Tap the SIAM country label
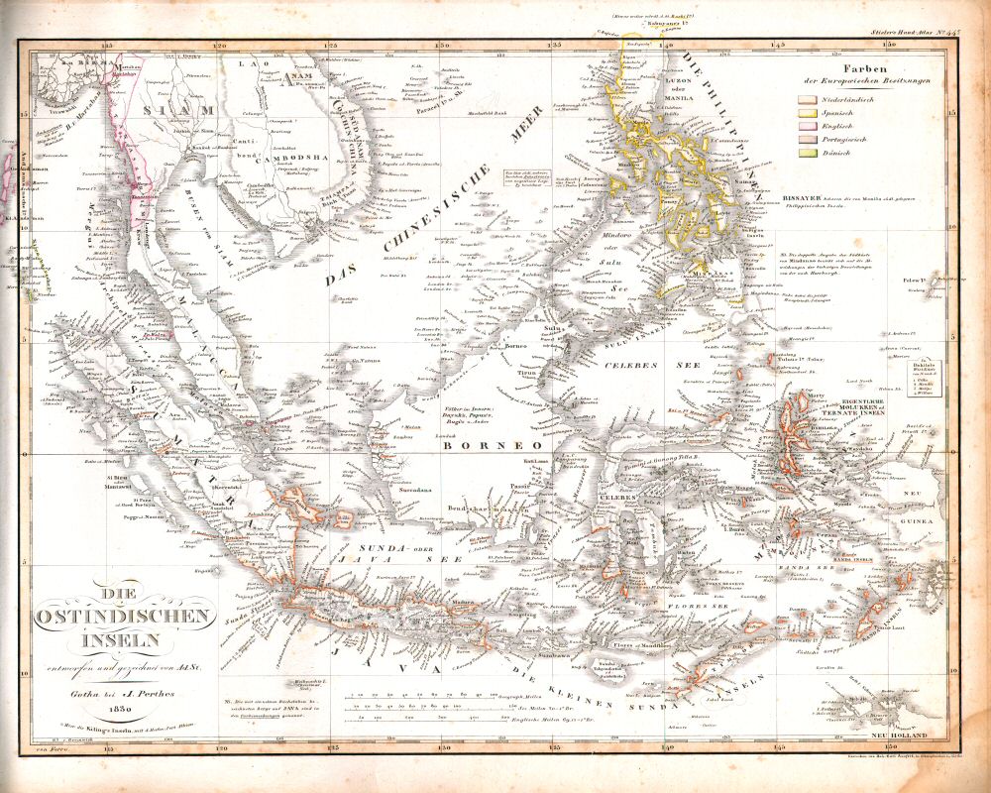click(x=179, y=109)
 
